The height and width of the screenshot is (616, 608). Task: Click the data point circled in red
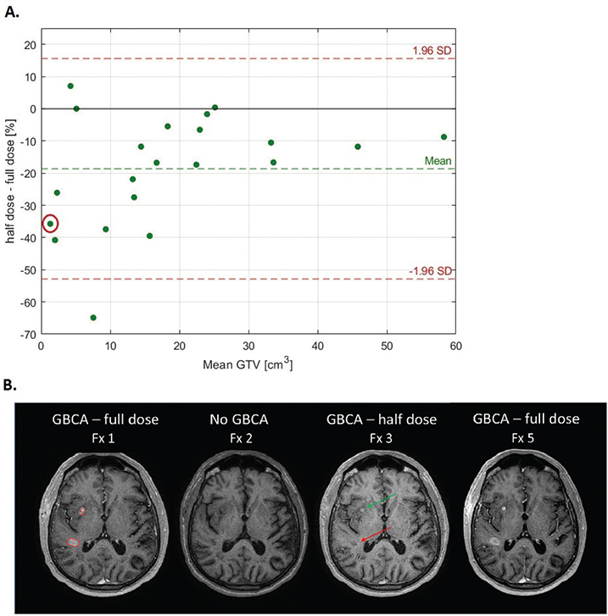tap(50, 224)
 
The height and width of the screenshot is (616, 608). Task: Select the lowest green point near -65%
tap(93, 318)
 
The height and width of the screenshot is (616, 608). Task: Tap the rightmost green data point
tap(443, 136)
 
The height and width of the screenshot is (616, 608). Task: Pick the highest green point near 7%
tap(70, 86)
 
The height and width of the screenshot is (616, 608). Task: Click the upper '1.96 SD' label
tap(432, 51)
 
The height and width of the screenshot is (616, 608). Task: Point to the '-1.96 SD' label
tap(430, 271)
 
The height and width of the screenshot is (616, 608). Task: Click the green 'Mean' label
tap(438, 161)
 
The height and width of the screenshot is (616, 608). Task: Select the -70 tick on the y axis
tap(28, 335)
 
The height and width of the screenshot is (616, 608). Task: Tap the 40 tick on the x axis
tap(318, 346)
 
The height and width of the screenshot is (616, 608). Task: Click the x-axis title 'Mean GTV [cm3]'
tap(248, 363)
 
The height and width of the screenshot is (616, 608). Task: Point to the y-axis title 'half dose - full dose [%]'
tap(10, 181)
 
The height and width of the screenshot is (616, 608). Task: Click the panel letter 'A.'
tap(12, 12)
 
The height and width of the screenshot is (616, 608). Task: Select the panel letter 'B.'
tap(10, 385)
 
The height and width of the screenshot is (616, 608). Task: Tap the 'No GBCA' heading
tap(239, 419)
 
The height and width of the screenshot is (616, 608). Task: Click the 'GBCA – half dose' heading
tap(382, 419)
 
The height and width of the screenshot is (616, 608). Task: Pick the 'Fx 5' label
tap(522, 438)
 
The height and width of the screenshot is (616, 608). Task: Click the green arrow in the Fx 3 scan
tap(382, 501)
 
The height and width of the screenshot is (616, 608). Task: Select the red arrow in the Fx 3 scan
tap(376, 535)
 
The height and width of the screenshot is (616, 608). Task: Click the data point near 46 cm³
tap(358, 147)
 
